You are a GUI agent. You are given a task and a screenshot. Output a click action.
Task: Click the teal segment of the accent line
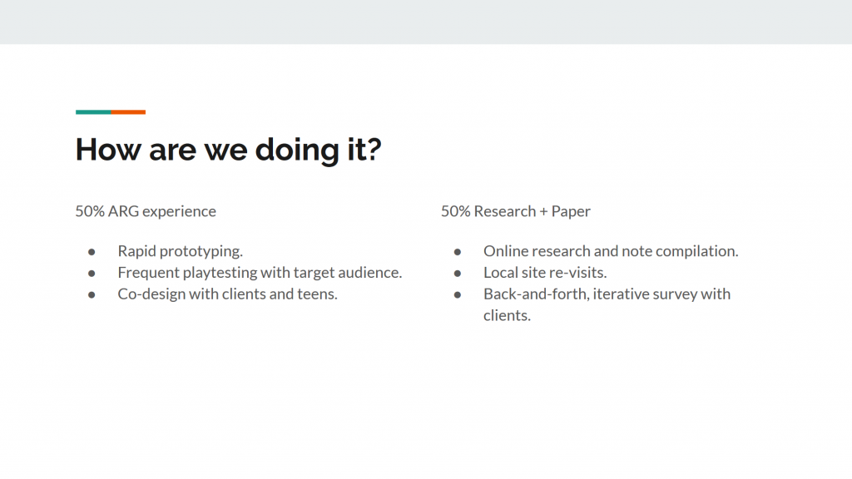click(93, 112)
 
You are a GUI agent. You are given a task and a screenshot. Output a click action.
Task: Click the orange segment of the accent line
click(128, 112)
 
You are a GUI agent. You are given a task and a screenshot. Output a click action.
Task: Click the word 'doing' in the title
click(297, 151)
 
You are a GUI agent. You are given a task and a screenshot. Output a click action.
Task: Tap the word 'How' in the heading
click(108, 150)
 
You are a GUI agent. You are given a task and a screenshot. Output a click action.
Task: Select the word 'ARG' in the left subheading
click(123, 211)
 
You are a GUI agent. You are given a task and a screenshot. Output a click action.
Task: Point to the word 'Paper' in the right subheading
click(571, 212)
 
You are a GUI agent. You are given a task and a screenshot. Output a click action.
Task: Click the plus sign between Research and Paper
click(543, 212)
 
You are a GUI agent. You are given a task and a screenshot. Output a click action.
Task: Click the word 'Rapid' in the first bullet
click(136, 251)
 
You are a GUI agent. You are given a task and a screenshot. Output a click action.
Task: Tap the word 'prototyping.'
click(201, 251)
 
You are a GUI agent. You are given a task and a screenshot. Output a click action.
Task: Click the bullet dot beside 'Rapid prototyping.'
click(92, 252)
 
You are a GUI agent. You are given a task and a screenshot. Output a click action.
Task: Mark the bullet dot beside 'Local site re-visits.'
click(458, 273)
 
